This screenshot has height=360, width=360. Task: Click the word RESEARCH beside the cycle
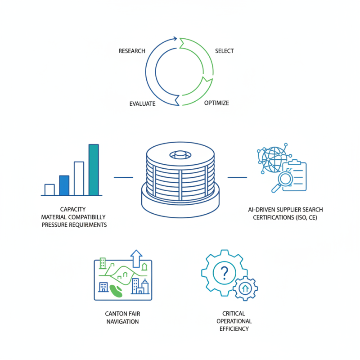coord(132,51)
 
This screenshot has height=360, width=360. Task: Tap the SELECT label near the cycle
coord(225,51)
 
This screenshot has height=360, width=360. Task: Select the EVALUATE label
coord(142,103)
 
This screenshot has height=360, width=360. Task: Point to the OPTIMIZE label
coord(216,103)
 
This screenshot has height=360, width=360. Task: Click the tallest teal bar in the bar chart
coord(94,170)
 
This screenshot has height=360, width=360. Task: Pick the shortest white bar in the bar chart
coord(49,189)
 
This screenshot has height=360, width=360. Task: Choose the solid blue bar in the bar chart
coord(64,185)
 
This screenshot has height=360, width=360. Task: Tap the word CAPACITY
coord(73,209)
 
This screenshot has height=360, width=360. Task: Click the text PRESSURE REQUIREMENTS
coord(74,225)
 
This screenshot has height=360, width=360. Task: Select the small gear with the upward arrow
coord(245,288)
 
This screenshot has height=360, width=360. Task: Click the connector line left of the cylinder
coord(123,177)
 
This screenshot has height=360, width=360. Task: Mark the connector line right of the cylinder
coord(237,177)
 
